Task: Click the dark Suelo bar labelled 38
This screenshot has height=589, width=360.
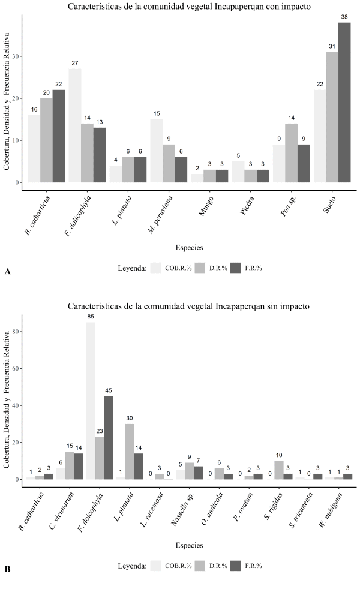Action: coord(344,102)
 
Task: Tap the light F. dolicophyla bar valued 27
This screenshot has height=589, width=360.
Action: coord(75,125)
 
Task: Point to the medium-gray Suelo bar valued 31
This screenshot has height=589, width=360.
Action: coord(332,117)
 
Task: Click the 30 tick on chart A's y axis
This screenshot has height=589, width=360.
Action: coord(18,56)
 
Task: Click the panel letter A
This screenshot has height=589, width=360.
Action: coord(8,272)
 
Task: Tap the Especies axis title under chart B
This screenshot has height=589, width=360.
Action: coord(190,545)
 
